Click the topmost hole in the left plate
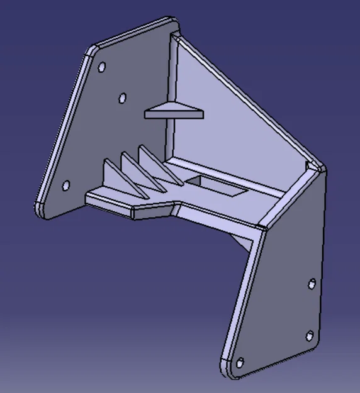102,67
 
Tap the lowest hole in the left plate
65,185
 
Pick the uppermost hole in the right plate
311,284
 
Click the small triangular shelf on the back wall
174,113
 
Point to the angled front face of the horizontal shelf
154,211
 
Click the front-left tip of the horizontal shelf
88,198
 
